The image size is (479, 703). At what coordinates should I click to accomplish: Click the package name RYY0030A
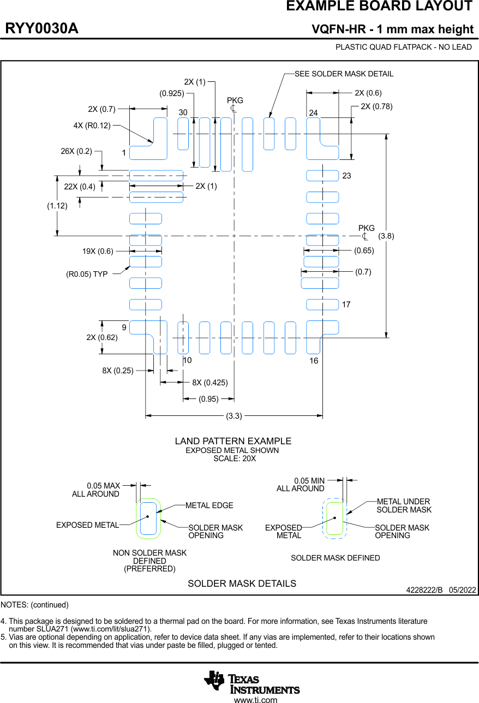[42, 29]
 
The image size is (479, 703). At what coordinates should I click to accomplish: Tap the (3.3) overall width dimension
[234, 416]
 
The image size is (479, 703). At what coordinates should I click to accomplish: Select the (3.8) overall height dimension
[386, 236]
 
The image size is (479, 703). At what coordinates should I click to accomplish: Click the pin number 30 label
[183, 112]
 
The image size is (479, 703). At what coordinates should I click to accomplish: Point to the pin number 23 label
[346, 176]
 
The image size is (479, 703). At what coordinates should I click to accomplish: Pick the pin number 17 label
[346, 305]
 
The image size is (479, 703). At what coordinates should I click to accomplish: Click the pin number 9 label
[124, 327]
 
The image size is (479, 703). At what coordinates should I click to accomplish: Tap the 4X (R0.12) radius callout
[92, 126]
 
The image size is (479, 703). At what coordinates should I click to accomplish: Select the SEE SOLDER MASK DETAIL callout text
[344, 74]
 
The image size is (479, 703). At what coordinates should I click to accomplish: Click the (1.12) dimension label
[57, 206]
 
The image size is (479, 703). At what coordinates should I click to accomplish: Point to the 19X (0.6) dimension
[98, 252]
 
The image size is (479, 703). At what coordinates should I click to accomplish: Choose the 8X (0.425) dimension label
[210, 383]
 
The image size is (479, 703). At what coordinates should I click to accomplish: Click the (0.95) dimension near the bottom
[209, 399]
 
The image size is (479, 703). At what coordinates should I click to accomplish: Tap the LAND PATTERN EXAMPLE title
[233, 441]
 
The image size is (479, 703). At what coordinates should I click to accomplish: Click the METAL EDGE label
[209, 505]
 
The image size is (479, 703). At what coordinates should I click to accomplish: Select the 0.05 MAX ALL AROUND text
[96, 490]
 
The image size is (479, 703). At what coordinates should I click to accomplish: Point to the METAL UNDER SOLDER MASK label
[404, 505]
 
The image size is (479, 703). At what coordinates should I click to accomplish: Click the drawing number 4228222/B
[424, 590]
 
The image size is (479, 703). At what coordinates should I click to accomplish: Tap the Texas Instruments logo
[252, 682]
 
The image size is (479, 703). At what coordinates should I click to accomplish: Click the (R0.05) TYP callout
[87, 274]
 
